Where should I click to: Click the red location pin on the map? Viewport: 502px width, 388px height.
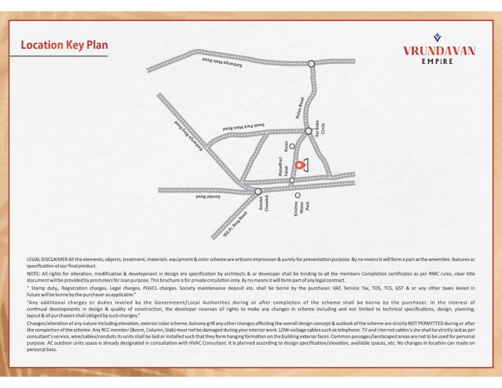pos(299,165)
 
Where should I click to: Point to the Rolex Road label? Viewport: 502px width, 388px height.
pos(301,108)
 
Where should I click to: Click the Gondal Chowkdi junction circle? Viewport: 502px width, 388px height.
pos(258,191)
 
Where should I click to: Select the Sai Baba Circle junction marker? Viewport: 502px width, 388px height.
pos(308,131)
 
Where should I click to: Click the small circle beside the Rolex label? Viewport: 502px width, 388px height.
pos(292,146)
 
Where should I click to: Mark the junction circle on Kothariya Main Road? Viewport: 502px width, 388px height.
pos(311,63)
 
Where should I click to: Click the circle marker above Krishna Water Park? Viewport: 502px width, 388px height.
pos(297,195)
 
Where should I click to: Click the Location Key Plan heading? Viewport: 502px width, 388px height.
pos(65,45)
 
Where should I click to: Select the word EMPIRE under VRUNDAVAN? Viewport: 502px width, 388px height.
pos(438,61)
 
